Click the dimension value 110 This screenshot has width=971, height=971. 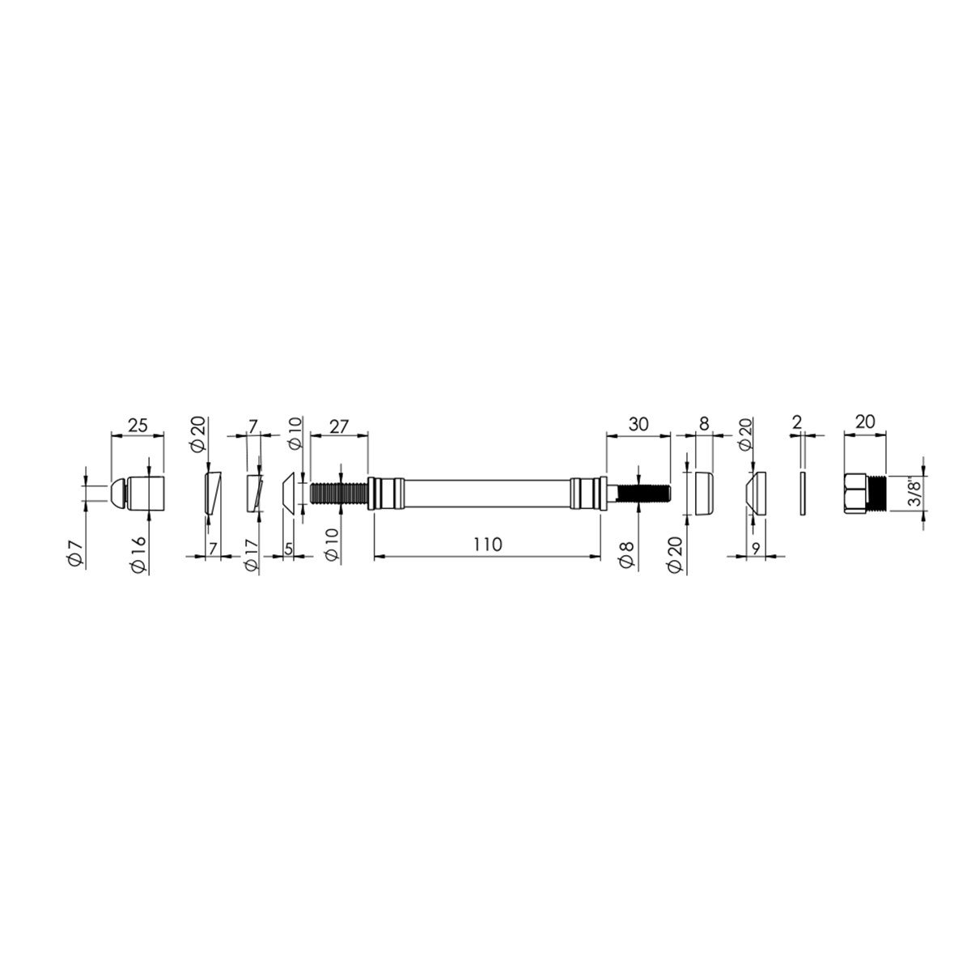(488, 545)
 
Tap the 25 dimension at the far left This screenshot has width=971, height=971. (138, 426)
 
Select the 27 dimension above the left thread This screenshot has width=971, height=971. (338, 426)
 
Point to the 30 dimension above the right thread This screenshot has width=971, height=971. (638, 424)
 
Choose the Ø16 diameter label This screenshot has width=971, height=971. (138, 554)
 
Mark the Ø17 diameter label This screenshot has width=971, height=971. (250, 555)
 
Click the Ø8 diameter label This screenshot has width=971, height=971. (626, 555)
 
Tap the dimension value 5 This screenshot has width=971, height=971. (288, 549)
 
